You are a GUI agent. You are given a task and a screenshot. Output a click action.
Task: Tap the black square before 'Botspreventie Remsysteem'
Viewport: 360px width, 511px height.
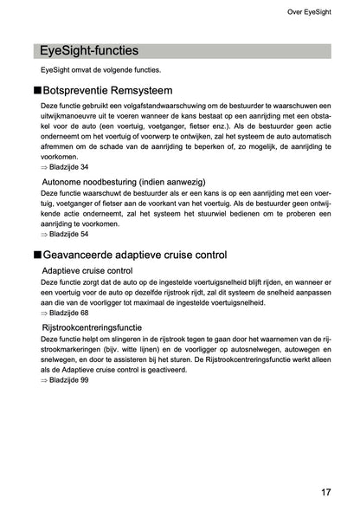pos(36,88)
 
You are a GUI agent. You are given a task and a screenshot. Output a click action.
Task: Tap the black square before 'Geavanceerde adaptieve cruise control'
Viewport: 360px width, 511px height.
pos(36,255)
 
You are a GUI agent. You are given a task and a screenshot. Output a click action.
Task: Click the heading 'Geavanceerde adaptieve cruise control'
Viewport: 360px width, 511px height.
pos(135,255)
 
